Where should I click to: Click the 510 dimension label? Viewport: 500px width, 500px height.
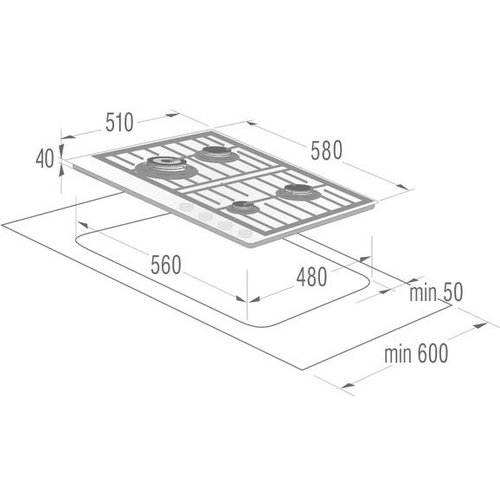[x=119, y=123]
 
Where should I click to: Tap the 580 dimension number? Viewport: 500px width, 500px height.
[x=326, y=150]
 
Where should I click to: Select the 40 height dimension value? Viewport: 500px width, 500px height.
[x=45, y=159]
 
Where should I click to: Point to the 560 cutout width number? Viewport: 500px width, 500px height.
[x=166, y=265]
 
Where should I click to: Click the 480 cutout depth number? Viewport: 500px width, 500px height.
[x=312, y=277]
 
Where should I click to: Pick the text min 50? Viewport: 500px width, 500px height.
[x=436, y=292]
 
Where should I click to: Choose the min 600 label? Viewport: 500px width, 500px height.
[x=416, y=353]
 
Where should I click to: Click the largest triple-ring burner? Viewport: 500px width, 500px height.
[x=166, y=167]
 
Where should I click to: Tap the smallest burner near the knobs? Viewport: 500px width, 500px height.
[x=243, y=208]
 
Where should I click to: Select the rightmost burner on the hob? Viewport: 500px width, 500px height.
[x=298, y=192]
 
